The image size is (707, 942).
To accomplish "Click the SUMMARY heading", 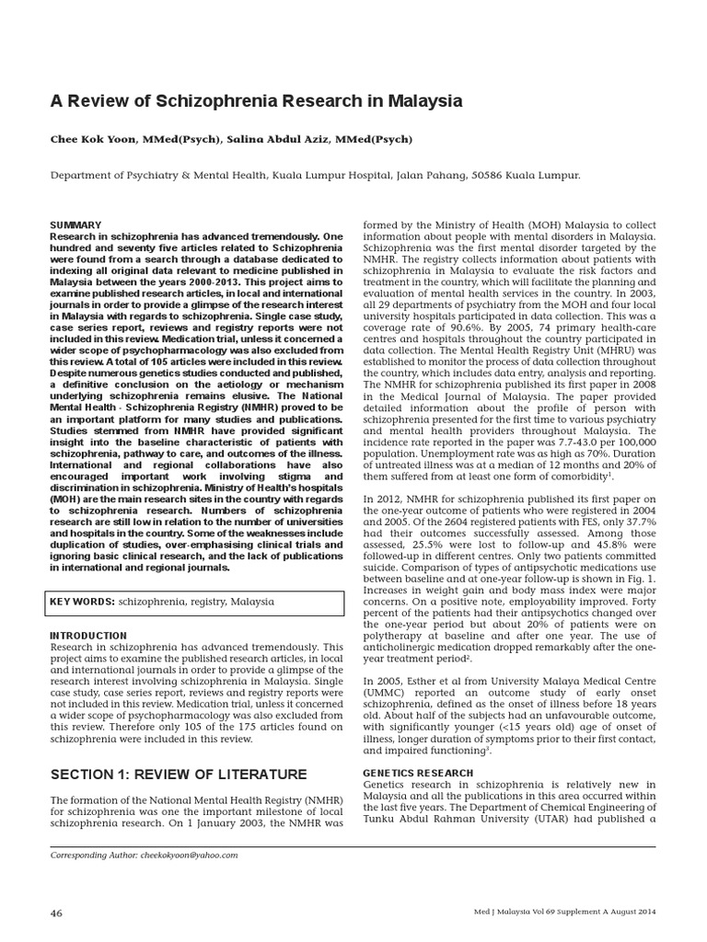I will [75, 224].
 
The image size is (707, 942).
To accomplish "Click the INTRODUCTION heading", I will [88, 636].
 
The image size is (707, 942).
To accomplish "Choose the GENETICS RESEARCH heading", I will [418, 773].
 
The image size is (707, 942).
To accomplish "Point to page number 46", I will [56, 913].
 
